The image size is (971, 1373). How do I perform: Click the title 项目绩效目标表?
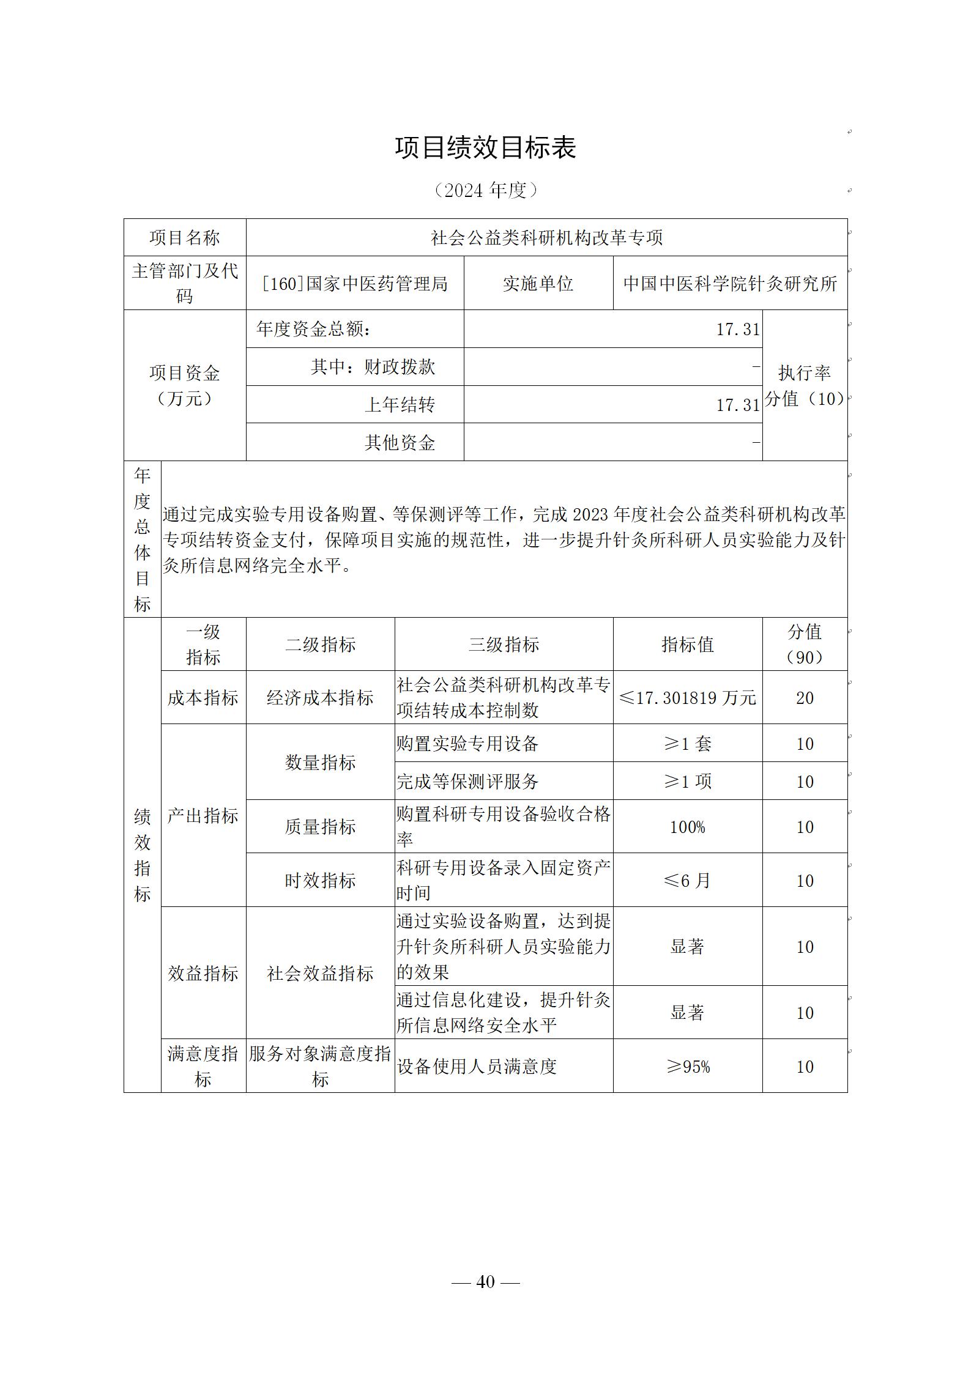click(x=485, y=148)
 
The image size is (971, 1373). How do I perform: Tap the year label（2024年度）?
click(x=485, y=190)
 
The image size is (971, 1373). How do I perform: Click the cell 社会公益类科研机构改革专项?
click(x=546, y=238)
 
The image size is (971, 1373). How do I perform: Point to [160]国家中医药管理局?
click(x=355, y=283)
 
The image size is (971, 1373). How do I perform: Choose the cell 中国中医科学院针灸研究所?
click(x=730, y=283)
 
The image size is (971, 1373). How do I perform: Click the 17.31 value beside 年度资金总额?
click(x=738, y=330)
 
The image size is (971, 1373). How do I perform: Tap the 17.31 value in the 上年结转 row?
click(x=738, y=405)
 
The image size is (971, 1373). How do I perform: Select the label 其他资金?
click(x=400, y=442)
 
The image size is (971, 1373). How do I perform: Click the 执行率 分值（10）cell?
click(x=805, y=385)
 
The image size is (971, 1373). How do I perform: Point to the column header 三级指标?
click(x=504, y=645)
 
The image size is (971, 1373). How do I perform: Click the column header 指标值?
click(x=688, y=645)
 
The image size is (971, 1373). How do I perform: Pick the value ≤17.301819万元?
click(x=688, y=698)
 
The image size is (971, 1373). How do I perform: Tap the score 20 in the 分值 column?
click(x=805, y=698)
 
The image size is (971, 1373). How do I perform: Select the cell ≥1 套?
click(x=688, y=744)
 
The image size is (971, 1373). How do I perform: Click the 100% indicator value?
click(x=688, y=827)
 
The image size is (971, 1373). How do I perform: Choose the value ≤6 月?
click(x=688, y=881)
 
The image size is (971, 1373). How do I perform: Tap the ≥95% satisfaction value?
click(x=688, y=1067)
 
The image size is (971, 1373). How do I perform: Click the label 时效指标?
click(x=320, y=881)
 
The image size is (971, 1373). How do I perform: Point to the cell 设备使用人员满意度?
click(x=477, y=1067)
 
